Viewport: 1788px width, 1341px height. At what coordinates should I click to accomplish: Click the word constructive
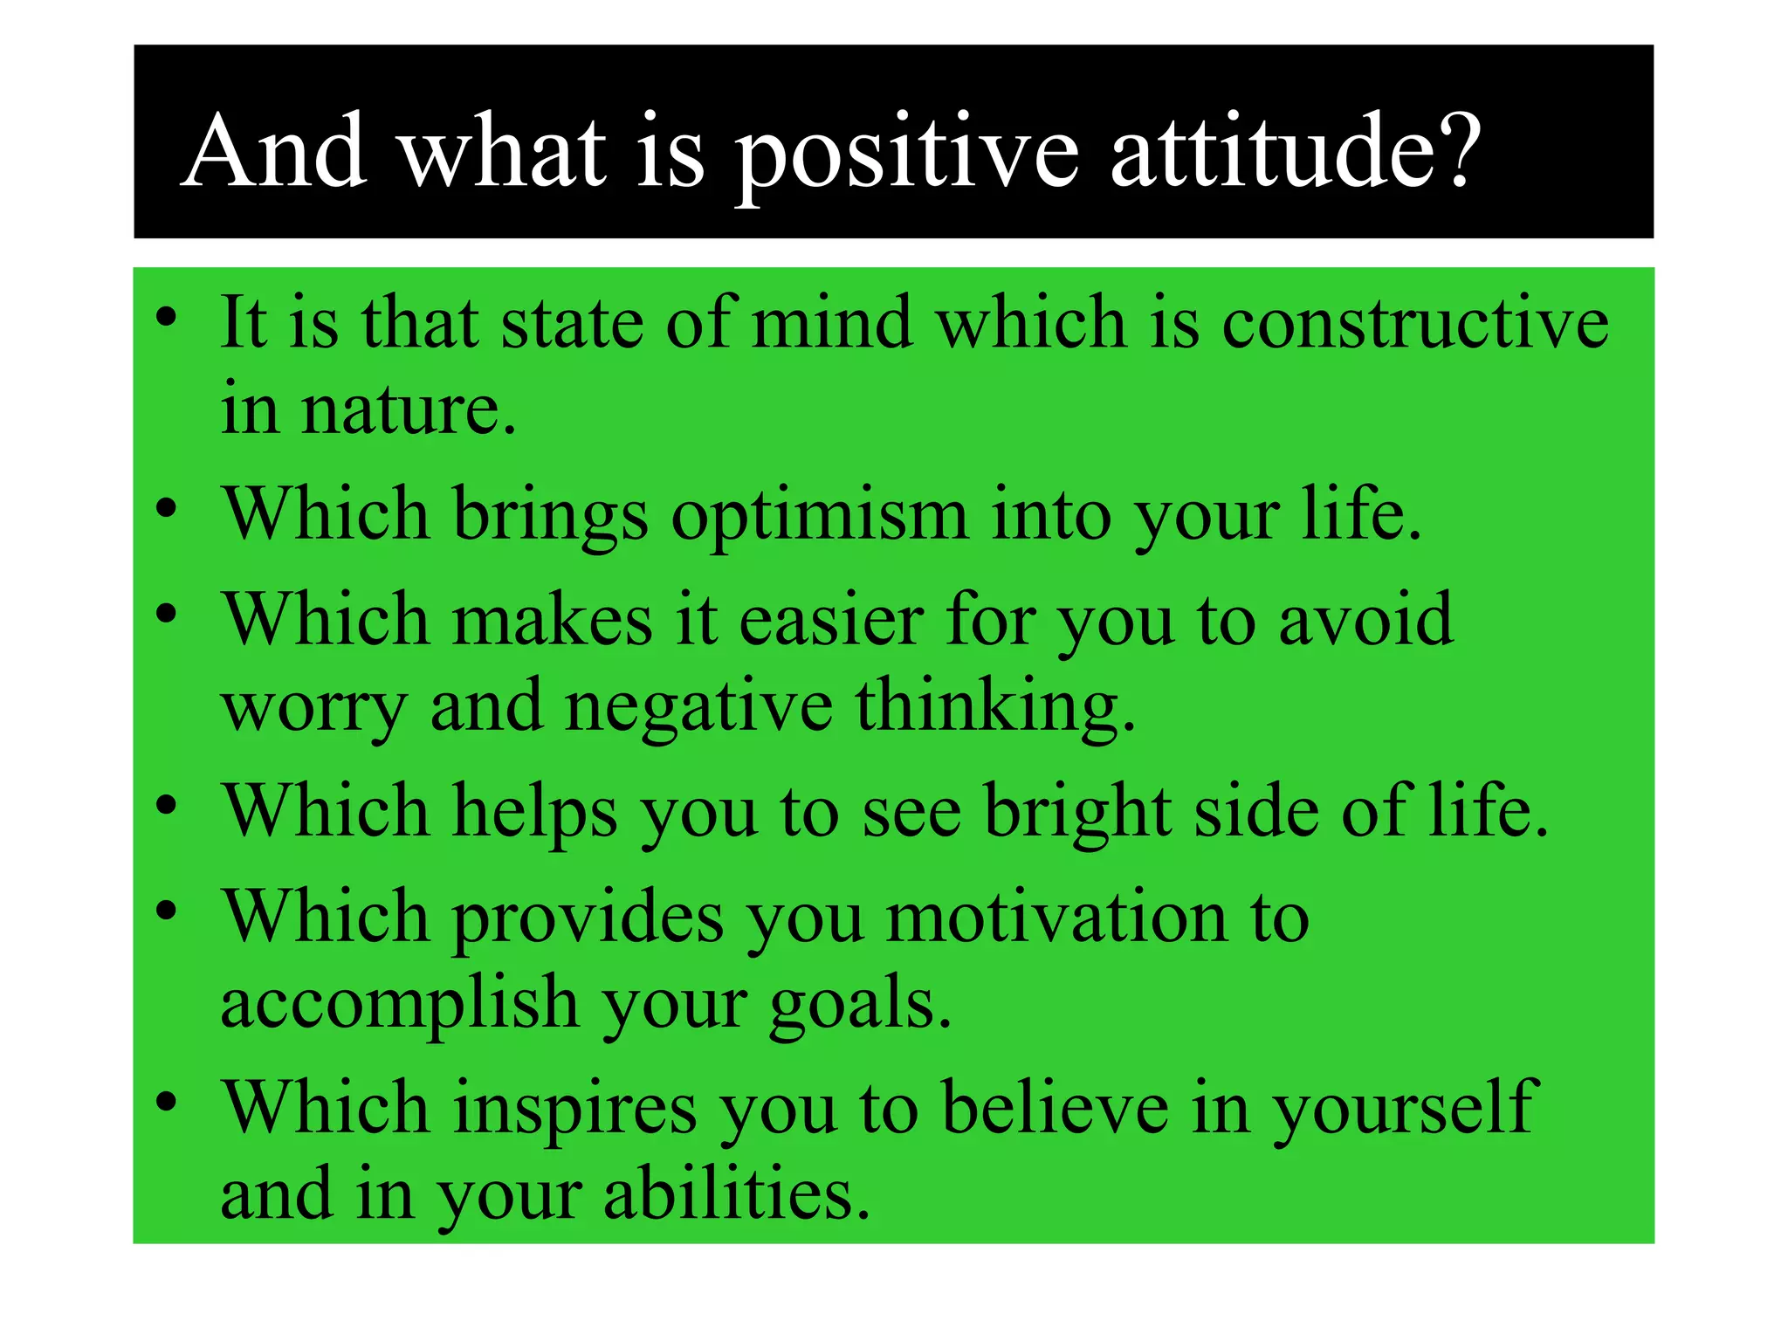(1414, 323)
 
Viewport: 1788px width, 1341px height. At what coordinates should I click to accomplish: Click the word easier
(830, 621)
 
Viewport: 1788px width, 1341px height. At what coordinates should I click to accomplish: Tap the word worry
(313, 710)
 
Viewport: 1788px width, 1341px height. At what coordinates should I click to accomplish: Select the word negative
(698, 708)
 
